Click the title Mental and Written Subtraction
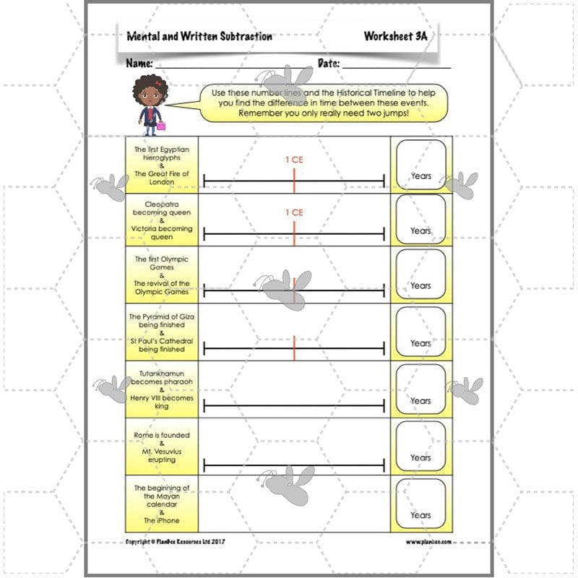click(199, 36)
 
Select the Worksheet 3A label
click(396, 36)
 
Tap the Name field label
click(139, 64)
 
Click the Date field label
click(329, 64)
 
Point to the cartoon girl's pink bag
click(161, 126)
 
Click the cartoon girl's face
click(150, 95)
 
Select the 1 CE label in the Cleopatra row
click(294, 212)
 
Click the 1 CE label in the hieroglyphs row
click(294, 160)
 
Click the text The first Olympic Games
click(161, 263)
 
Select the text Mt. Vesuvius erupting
click(161, 455)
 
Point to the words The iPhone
click(161, 520)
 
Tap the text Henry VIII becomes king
click(161, 402)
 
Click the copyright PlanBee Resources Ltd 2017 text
click(176, 541)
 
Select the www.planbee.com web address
click(428, 541)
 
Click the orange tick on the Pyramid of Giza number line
click(294, 348)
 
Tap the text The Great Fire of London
click(161, 178)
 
